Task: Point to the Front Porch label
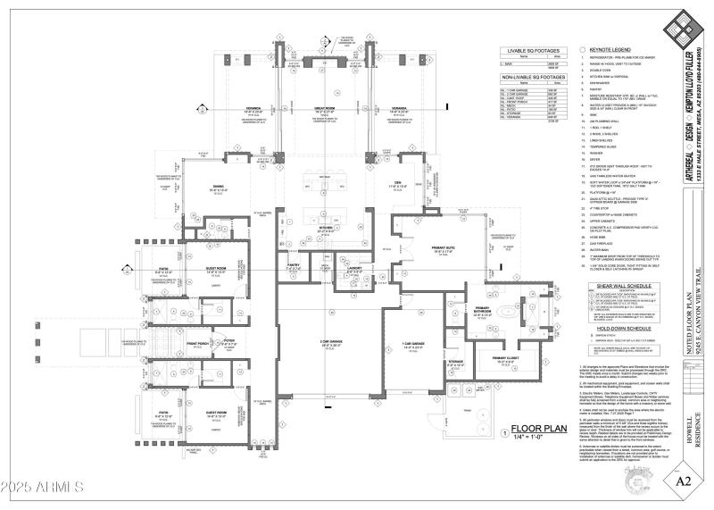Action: click(x=198, y=343)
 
